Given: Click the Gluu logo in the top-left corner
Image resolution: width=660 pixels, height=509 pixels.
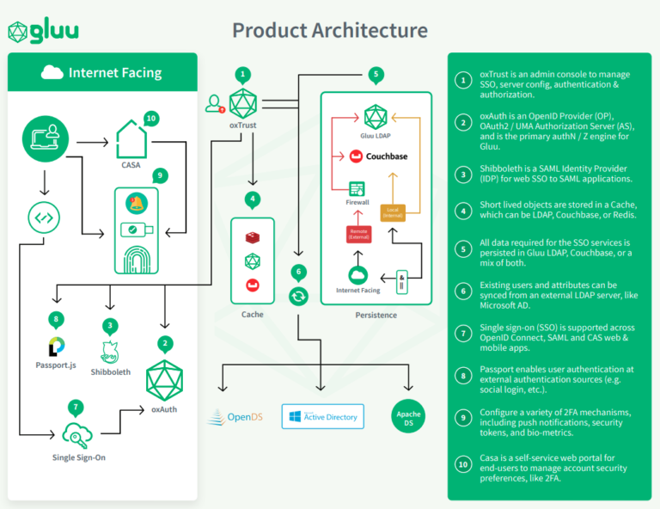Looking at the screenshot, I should pyautogui.click(x=43, y=32).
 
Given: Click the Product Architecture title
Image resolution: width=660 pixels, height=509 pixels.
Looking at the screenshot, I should pyautogui.click(x=330, y=30).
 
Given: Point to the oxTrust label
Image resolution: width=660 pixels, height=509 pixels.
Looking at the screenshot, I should pyautogui.click(x=243, y=126).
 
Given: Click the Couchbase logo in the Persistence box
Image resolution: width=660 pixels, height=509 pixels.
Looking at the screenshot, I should pyautogui.click(x=375, y=156).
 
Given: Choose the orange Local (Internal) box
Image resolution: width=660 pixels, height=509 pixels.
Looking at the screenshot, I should pyautogui.click(x=393, y=211).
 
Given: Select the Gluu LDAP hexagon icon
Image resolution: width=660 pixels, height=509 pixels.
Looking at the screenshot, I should pyautogui.click(x=376, y=117).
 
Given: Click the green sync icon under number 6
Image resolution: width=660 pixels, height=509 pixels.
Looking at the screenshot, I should pyautogui.click(x=298, y=296).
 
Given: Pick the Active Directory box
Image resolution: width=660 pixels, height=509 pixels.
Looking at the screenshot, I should pyautogui.click(x=323, y=417).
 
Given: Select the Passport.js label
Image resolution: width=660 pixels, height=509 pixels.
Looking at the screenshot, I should pyautogui.click(x=56, y=365).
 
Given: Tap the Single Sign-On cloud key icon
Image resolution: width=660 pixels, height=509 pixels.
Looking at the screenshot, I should pyautogui.click(x=76, y=432).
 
